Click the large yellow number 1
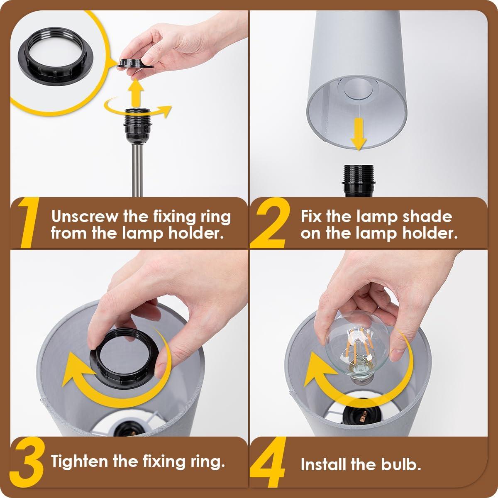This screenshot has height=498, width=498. coord(27,224)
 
